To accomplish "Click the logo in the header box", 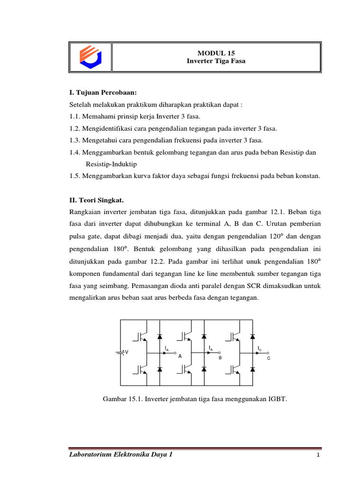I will (x=90, y=57).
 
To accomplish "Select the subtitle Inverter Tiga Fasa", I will (x=216, y=62).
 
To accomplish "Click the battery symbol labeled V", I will (x=123, y=352).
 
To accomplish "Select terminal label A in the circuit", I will (x=180, y=359).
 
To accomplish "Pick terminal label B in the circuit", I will (x=220, y=359).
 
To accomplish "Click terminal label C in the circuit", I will (x=268, y=359).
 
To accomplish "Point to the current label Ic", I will (x=260, y=348).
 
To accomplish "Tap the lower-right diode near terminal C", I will (x=254, y=368).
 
